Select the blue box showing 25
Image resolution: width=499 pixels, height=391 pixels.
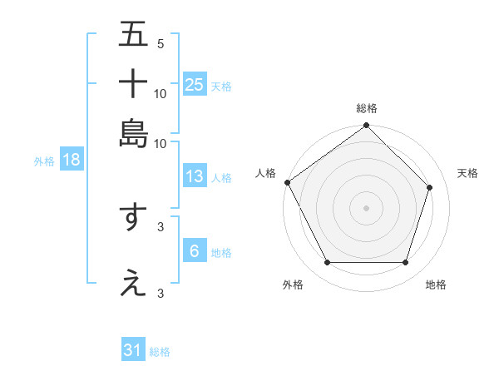tap(195, 85)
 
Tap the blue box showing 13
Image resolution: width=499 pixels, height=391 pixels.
tap(195, 176)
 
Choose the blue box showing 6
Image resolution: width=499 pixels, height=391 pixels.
tap(195, 251)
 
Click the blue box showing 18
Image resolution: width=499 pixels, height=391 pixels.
tap(72, 161)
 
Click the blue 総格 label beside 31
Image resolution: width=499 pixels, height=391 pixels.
tap(160, 352)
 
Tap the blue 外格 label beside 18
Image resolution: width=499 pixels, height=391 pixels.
tap(43, 161)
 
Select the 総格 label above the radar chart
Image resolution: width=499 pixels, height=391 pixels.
tap(366, 109)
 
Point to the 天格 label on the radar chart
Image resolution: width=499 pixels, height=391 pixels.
tap(467, 173)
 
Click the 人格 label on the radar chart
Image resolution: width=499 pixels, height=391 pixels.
tap(266, 173)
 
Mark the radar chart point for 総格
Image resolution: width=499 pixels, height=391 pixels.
tap(366, 126)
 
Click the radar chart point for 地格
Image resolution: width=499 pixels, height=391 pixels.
tap(405, 263)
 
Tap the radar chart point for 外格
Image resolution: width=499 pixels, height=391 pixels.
tap(327, 263)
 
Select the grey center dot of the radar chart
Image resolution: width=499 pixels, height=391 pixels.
tap(366, 208)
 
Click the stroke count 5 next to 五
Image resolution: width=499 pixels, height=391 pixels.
tap(160, 44)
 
